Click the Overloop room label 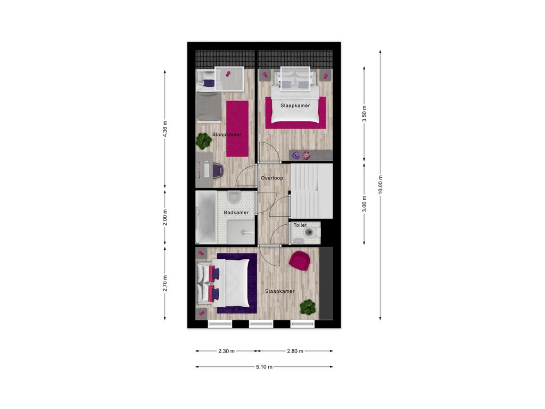[x=272, y=178]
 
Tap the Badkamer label [x=236, y=212]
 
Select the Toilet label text [x=300, y=225]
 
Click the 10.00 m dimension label [x=380, y=185]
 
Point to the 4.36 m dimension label [x=165, y=129]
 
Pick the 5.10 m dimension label [x=264, y=366]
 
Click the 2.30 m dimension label [x=226, y=351]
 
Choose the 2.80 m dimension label [x=295, y=351]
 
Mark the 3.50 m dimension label [x=364, y=114]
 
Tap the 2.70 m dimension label [x=165, y=283]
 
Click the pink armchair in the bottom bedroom [x=300, y=260]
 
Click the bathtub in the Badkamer [x=206, y=217]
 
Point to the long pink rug [x=237, y=129]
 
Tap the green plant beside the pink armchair [x=308, y=307]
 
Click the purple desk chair [x=217, y=170]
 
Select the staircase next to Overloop [x=311, y=191]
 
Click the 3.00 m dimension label [x=364, y=204]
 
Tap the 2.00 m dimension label [x=165, y=217]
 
